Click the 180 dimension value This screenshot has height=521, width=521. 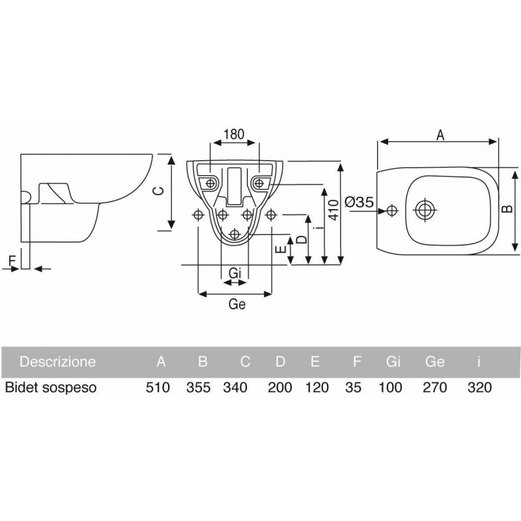(x=233, y=134)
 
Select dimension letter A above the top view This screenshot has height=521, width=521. (x=440, y=135)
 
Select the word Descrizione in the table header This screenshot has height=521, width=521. (x=59, y=361)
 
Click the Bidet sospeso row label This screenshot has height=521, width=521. (x=51, y=387)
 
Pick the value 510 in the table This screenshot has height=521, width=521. (x=157, y=387)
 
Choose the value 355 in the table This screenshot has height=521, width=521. (x=198, y=387)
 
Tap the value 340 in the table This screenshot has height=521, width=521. (x=235, y=387)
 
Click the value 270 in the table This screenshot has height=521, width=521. (x=434, y=387)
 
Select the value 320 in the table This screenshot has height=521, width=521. (x=479, y=387)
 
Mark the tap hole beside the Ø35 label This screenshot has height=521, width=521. (x=391, y=210)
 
